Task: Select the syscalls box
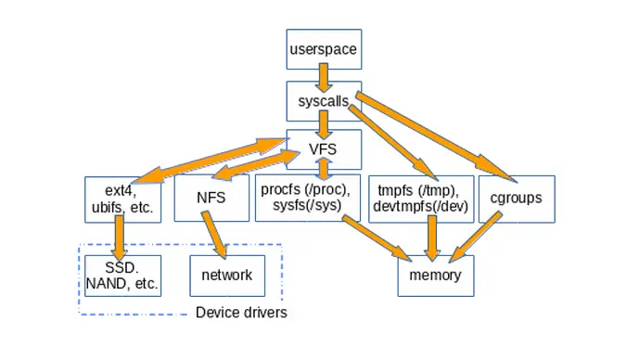click(322, 98)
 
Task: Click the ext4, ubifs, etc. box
click(123, 198)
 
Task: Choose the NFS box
click(211, 198)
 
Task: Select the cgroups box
click(517, 198)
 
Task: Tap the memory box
click(429, 276)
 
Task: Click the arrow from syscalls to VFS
click(323, 123)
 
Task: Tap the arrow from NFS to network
click(216, 238)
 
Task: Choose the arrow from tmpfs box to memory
click(429, 238)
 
